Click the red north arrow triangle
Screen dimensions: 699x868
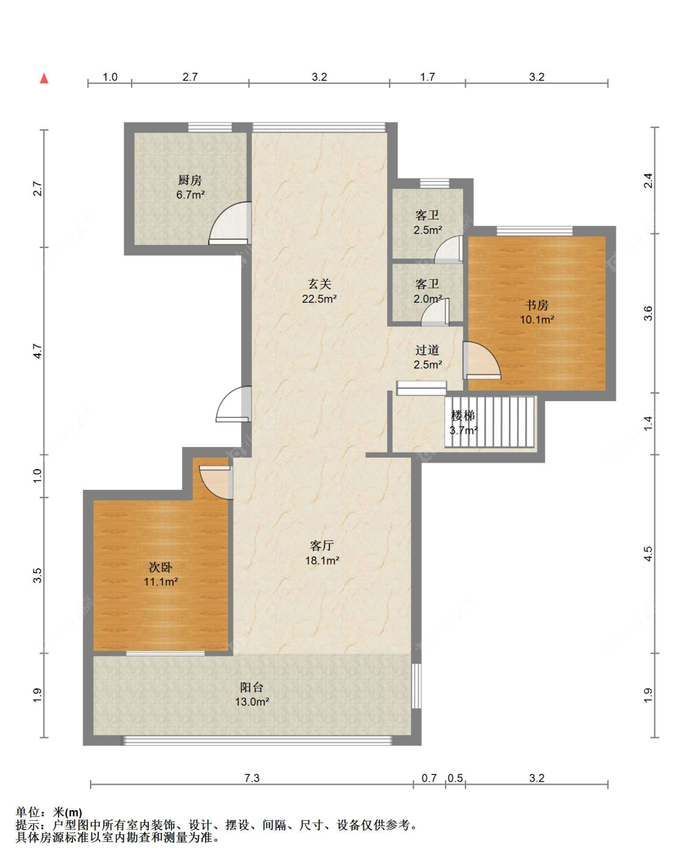click(44, 78)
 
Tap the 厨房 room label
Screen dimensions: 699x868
click(190, 180)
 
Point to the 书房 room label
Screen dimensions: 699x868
click(537, 305)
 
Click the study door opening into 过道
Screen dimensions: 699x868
click(482, 361)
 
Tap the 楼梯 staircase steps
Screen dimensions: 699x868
click(490, 422)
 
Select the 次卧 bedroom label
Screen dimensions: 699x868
click(160, 568)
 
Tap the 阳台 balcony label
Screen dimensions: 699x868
click(252, 687)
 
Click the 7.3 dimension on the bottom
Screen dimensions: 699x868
click(252, 778)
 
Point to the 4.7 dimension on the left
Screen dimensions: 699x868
click(37, 351)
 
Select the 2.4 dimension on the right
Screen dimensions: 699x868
click(648, 180)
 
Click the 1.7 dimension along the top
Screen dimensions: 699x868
click(427, 76)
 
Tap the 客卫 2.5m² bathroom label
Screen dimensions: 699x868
click(427, 222)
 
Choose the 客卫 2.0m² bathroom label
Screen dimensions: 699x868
click(427, 291)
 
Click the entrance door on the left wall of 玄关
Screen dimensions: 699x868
click(234, 404)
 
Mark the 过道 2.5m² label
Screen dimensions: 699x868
click(427, 358)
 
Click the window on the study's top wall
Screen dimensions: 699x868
click(534, 231)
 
